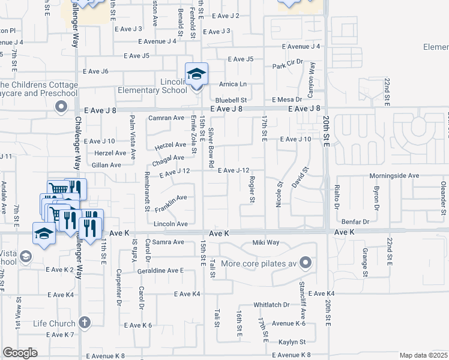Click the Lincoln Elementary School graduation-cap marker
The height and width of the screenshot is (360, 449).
tap(196, 74)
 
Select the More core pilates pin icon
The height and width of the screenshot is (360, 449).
tap(306, 263)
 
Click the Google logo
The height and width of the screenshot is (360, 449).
tap(20, 353)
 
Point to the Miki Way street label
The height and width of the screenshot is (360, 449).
tap(266, 242)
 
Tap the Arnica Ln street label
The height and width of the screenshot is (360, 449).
tap(233, 85)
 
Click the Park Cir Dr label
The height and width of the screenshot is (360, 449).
tap(287, 65)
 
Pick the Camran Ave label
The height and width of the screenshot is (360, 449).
tap(166, 118)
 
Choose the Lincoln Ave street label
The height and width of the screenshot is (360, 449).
tap(171, 224)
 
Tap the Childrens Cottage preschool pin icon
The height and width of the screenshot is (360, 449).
tap(61, 107)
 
